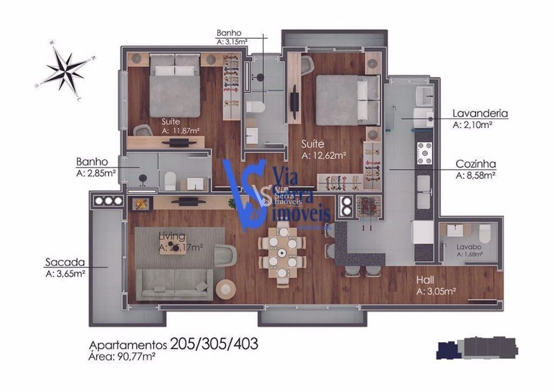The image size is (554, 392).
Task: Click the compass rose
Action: coord(68,68)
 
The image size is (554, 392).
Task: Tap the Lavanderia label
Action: coord(481,113)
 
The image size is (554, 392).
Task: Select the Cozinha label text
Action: coord(479,164)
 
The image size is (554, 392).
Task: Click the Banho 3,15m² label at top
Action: coord(229,37)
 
